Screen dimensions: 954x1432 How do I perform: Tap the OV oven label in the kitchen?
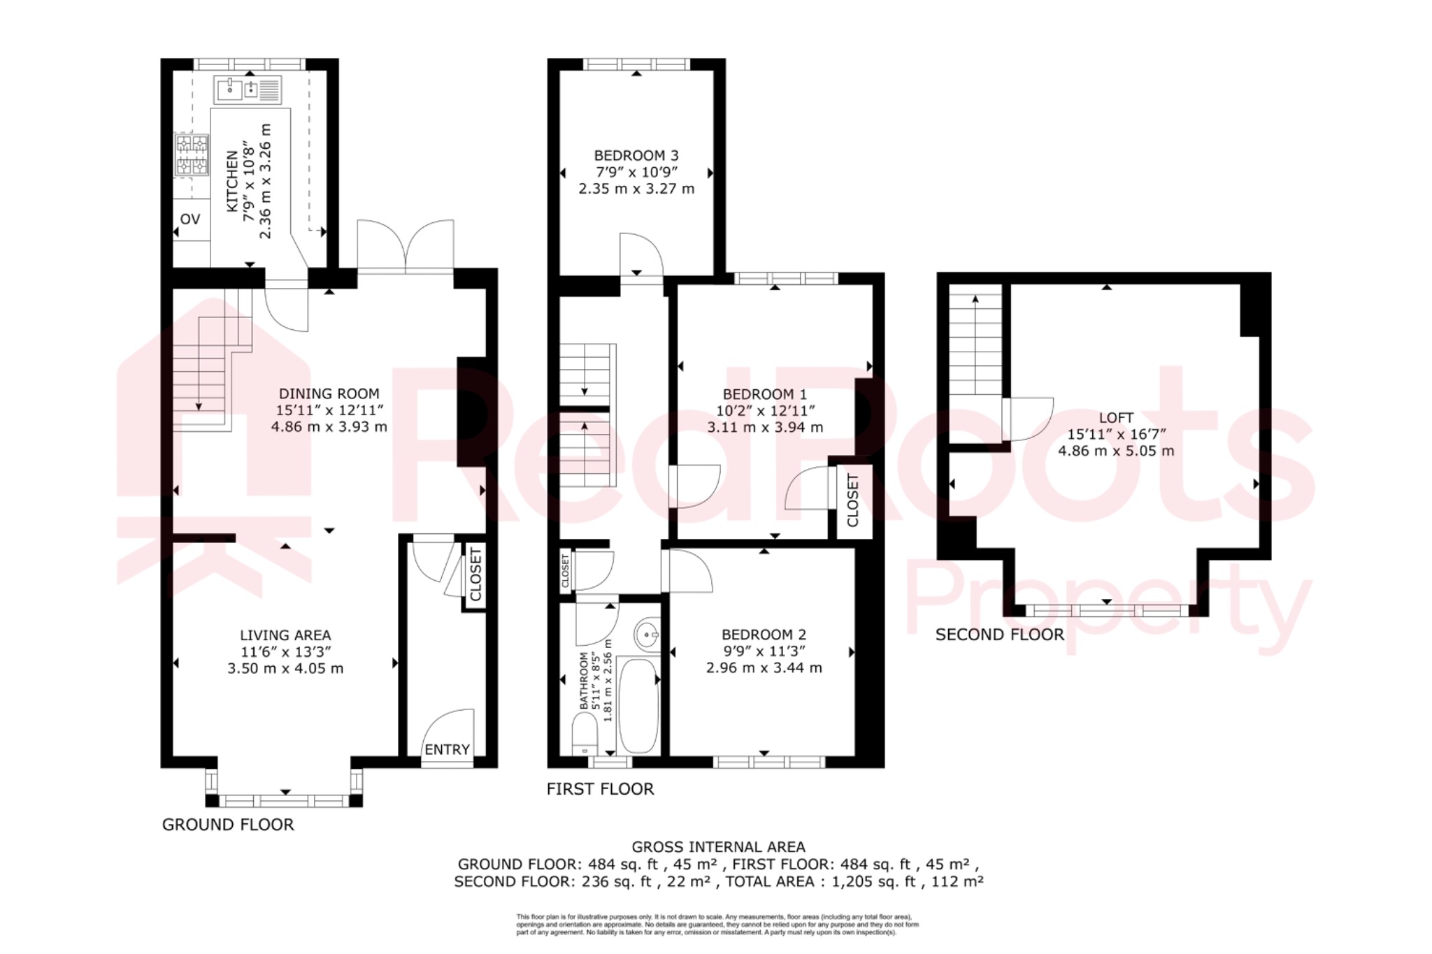(190, 219)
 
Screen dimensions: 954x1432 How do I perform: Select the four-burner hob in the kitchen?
(192, 154)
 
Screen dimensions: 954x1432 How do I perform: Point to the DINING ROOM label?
(329, 394)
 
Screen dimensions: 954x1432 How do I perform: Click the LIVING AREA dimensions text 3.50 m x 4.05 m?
(285, 669)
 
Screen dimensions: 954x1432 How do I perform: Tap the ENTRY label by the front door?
(447, 750)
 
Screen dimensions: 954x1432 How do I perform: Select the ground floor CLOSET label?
(475, 575)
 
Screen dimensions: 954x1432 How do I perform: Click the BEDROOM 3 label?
(636, 156)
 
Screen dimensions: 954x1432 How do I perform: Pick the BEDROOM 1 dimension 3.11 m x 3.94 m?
(765, 428)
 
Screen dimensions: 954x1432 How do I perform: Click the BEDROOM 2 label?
(764, 635)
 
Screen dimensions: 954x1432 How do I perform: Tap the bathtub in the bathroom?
(638, 706)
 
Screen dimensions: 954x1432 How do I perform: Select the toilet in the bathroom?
(585, 734)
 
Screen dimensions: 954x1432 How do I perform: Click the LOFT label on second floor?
(1116, 418)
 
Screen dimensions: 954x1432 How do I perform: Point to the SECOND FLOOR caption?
(999, 635)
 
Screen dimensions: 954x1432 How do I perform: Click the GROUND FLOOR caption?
(228, 825)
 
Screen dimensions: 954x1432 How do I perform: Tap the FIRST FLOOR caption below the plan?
(600, 789)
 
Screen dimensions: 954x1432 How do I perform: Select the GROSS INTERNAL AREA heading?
(718, 847)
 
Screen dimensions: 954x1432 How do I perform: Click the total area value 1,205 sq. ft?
(873, 882)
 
